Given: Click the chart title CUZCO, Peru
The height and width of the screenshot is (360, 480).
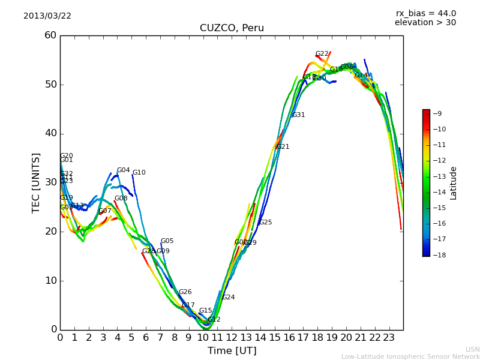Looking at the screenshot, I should [232, 28].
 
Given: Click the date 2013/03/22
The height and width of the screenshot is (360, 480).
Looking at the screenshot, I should [47, 16].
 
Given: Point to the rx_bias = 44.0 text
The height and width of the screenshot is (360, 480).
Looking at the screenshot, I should [425, 14].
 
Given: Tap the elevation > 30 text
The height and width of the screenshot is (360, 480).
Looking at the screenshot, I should [425, 23].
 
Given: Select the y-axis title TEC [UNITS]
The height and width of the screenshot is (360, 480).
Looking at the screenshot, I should [36, 182].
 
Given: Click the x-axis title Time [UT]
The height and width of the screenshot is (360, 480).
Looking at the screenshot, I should [232, 351].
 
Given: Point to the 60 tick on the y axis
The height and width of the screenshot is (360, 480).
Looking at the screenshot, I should [50, 35].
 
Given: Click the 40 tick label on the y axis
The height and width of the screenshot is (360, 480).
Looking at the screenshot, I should [50, 133].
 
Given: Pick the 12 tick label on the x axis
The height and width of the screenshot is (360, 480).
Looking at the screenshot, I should [232, 338].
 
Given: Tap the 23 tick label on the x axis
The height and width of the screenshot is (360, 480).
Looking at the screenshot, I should [389, 338].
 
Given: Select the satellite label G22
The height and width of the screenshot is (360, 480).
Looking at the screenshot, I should [322, 54].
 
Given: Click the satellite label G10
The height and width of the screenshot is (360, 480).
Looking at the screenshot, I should [139, 173].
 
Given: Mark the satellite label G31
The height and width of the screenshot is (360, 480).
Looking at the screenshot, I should [298, 115].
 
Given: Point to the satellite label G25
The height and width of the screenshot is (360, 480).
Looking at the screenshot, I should [265, 223].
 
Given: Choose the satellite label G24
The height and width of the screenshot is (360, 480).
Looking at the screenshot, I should [228, 298].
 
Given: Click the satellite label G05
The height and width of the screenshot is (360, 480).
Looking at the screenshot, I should [167, 241].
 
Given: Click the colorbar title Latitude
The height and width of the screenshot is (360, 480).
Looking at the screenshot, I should [454, 183].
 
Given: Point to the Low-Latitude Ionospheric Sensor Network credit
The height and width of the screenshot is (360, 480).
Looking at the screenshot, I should [410, 357].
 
